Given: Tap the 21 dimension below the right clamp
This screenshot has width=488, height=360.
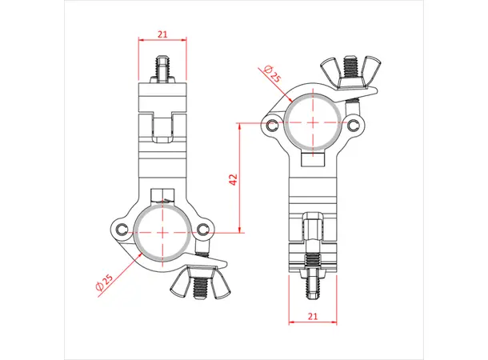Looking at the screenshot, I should pyautogui.click(x=312, y=317).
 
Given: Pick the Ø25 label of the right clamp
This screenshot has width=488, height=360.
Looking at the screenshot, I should pyautogui.click(x=271, y=74).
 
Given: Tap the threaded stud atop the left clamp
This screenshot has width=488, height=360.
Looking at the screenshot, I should pyautogui.click(x=162, y=69).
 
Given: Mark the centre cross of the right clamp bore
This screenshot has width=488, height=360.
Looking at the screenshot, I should pyautogui.click(x=313, y=123).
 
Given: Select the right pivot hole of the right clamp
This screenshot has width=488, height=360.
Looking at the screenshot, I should pyautogui.click(x=352, y=125).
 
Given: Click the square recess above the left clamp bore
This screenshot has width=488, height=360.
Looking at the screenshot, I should pyautogui.click(x=162, y=195).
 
